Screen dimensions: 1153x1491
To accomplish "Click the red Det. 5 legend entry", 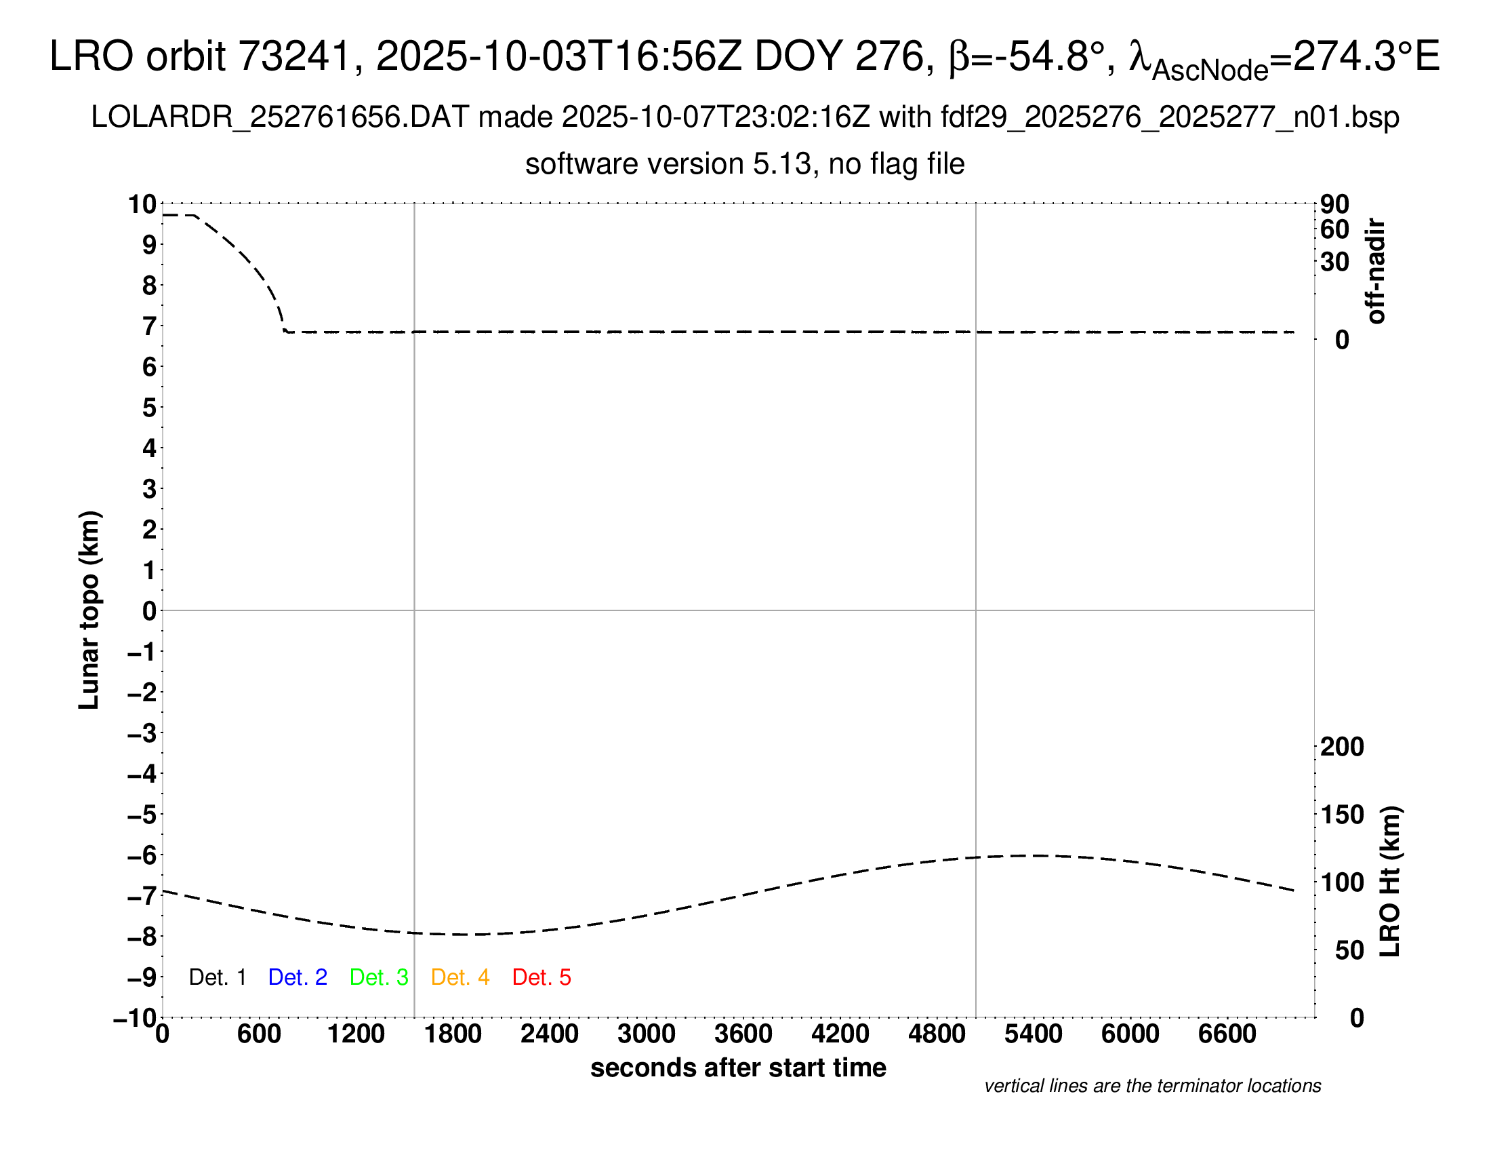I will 542,977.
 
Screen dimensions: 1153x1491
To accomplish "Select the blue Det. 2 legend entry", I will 298,977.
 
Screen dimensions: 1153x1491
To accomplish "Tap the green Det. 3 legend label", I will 379,977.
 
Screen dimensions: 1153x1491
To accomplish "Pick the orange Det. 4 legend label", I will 460,977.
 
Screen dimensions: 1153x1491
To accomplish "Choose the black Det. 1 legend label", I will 217,977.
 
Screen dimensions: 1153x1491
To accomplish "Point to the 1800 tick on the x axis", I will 453,1034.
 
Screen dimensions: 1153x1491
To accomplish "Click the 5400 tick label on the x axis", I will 1034,1034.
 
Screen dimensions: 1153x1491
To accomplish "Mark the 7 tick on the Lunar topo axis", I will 149,326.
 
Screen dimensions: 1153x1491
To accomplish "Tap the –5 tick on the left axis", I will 142,815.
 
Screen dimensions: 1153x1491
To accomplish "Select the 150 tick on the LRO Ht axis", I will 1342,815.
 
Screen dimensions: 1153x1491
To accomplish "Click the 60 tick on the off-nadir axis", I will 1334,229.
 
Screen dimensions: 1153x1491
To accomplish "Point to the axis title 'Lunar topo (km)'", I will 89,610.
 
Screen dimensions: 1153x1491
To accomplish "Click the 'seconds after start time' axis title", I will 738,1068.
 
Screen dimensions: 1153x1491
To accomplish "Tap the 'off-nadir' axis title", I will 1375,271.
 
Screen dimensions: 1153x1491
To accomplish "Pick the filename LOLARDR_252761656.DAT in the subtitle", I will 280,117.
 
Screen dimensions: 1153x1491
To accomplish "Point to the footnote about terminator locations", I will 1152,1086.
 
